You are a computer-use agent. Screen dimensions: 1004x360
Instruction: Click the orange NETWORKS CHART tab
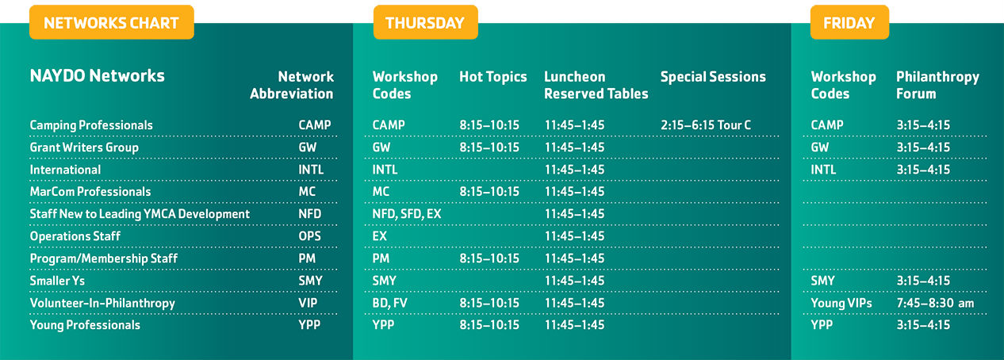pyautogui.click(x=112, y=22)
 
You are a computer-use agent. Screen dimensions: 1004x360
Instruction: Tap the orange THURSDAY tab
pyautogui.click(x=425, y=22)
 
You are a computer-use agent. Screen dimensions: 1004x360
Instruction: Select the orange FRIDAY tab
pyautogui.click(x=849, y=22)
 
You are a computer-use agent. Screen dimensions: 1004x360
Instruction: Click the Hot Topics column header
pyautogui.click(x=493, y=77)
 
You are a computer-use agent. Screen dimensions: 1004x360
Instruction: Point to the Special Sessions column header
pyautogui.click(x=713, y=77)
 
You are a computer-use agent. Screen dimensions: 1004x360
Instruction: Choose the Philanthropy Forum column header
pyautogui.click(x=937, y=85)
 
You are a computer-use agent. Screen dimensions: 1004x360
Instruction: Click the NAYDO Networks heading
pyautogui.click(x=98, y=76)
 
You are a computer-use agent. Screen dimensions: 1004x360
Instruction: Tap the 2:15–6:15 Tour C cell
pyautogui.click(x=706, y=125)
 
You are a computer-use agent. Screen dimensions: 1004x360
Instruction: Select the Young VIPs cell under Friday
pyautogui.click(x=841, y=304)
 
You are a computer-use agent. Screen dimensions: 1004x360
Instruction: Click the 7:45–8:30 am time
pyautogui.click(x=936, y=303)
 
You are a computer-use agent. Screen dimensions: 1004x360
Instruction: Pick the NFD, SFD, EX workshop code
pyautogui.click(x=407, y=214)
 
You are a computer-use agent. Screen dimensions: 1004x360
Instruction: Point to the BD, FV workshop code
pyautogui.click(x=390, y=304)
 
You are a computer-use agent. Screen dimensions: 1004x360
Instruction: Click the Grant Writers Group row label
pyautogui.click(x=84, y=147)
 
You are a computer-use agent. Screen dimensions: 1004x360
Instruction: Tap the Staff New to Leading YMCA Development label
pyautogui.click(x=140, y=214)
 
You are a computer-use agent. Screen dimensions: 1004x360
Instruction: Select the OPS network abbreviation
pyautogui.click(x=310, y=236)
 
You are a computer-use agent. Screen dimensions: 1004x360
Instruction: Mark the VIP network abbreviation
pyautogui.click(x=308, y=303)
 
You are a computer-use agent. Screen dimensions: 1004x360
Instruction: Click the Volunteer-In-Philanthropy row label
pyautogui.click(x=102, y=304)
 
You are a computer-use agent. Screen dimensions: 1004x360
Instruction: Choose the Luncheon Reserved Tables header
pyautogui.click(x=596, y=85)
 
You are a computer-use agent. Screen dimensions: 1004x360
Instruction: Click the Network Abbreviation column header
pyautogui.click(x=292, y=85)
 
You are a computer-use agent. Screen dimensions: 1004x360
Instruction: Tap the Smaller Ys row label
pyautogui.click(x=57, y=281)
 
